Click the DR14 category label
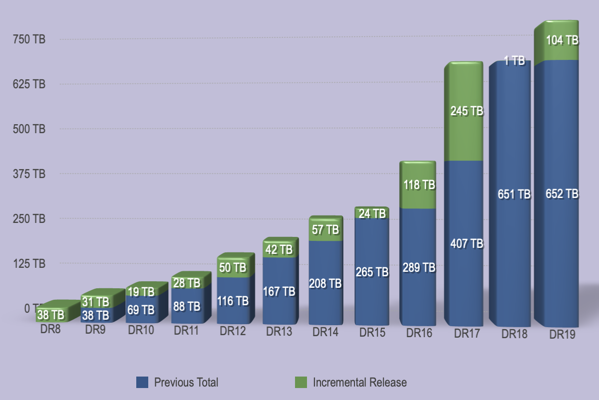(325, 332)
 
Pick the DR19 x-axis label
(563, 335)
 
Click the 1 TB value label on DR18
(514, 61)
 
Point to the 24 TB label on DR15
(372, 213)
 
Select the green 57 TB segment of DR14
(325, 229)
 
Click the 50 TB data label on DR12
(233, 268)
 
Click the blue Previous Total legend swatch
(142, 383)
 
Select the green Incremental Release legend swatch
(300, 383)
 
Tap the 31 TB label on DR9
(95, 302)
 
